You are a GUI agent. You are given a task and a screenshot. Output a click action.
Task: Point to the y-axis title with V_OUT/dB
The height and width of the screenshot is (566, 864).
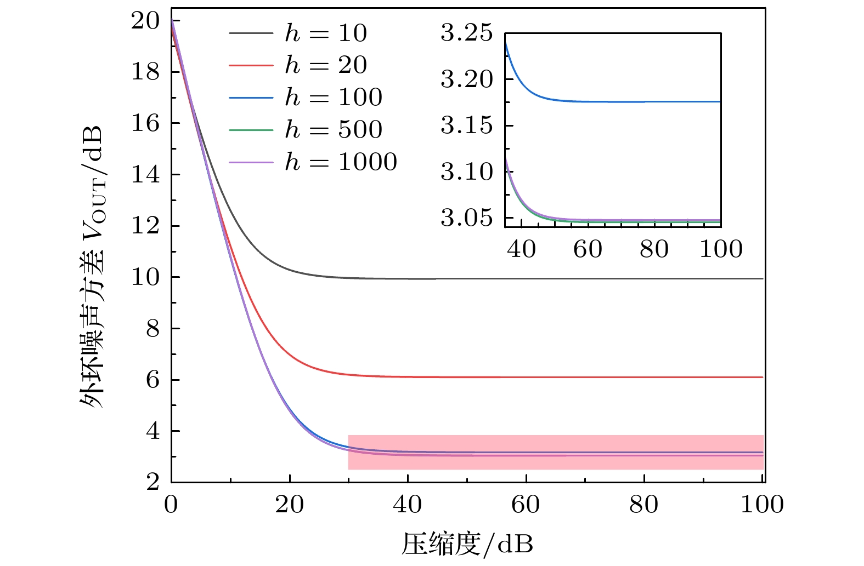[92, 267]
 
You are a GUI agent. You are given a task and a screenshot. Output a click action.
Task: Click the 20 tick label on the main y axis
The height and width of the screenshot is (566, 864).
[145, 21]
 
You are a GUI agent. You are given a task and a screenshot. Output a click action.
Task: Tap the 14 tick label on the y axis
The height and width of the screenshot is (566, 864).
[145, 175]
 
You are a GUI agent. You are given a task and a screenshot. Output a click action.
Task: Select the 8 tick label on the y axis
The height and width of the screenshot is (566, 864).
[153, 329]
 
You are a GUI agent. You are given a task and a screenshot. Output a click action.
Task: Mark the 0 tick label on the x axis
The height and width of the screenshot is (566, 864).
[171, 505]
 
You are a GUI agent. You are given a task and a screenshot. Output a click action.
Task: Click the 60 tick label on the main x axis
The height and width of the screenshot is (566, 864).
[526, 505]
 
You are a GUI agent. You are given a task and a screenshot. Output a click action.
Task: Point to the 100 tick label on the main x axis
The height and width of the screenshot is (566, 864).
[762, 505]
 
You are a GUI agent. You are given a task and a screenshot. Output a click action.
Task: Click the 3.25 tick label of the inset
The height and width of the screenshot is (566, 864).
[467, 33]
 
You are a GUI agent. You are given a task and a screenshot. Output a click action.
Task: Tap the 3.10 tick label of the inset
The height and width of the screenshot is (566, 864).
[467, 172]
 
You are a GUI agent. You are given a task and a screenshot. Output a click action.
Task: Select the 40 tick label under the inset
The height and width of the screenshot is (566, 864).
[521, 249]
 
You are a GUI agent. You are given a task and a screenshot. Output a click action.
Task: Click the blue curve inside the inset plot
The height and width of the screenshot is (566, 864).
[631, 102]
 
